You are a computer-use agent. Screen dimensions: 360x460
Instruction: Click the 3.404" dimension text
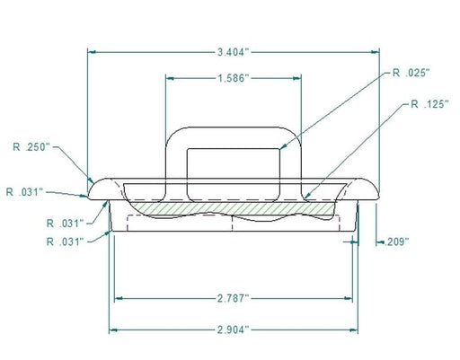click(234, 52)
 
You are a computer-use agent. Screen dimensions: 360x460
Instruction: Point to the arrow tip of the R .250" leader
click(91, 179)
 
